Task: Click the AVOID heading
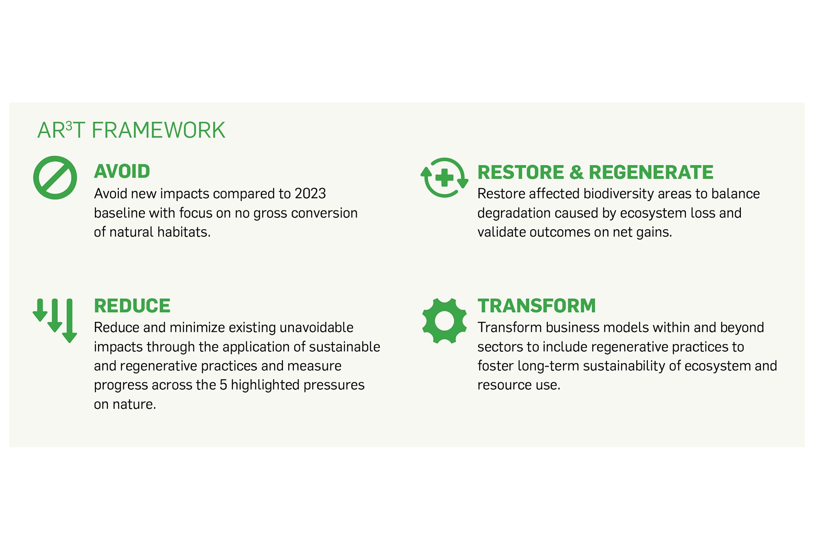[122, 171]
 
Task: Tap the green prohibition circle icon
[55, 178]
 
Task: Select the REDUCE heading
[132, 306]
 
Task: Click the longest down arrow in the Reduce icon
[69, 320]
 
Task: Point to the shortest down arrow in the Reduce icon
[40, 310]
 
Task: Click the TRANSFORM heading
[536, 306]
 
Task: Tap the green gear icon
[444, 321]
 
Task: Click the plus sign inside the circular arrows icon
[444, 178]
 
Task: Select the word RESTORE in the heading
[521, 172]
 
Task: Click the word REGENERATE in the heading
[651, 172]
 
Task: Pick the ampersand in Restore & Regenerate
[576, 172]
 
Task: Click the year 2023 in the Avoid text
[310, 193]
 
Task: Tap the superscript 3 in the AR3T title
[69, 125]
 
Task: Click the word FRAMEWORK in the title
[158, 130]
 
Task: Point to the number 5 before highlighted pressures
[223, 385]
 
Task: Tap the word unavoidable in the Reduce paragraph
[316, 327]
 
